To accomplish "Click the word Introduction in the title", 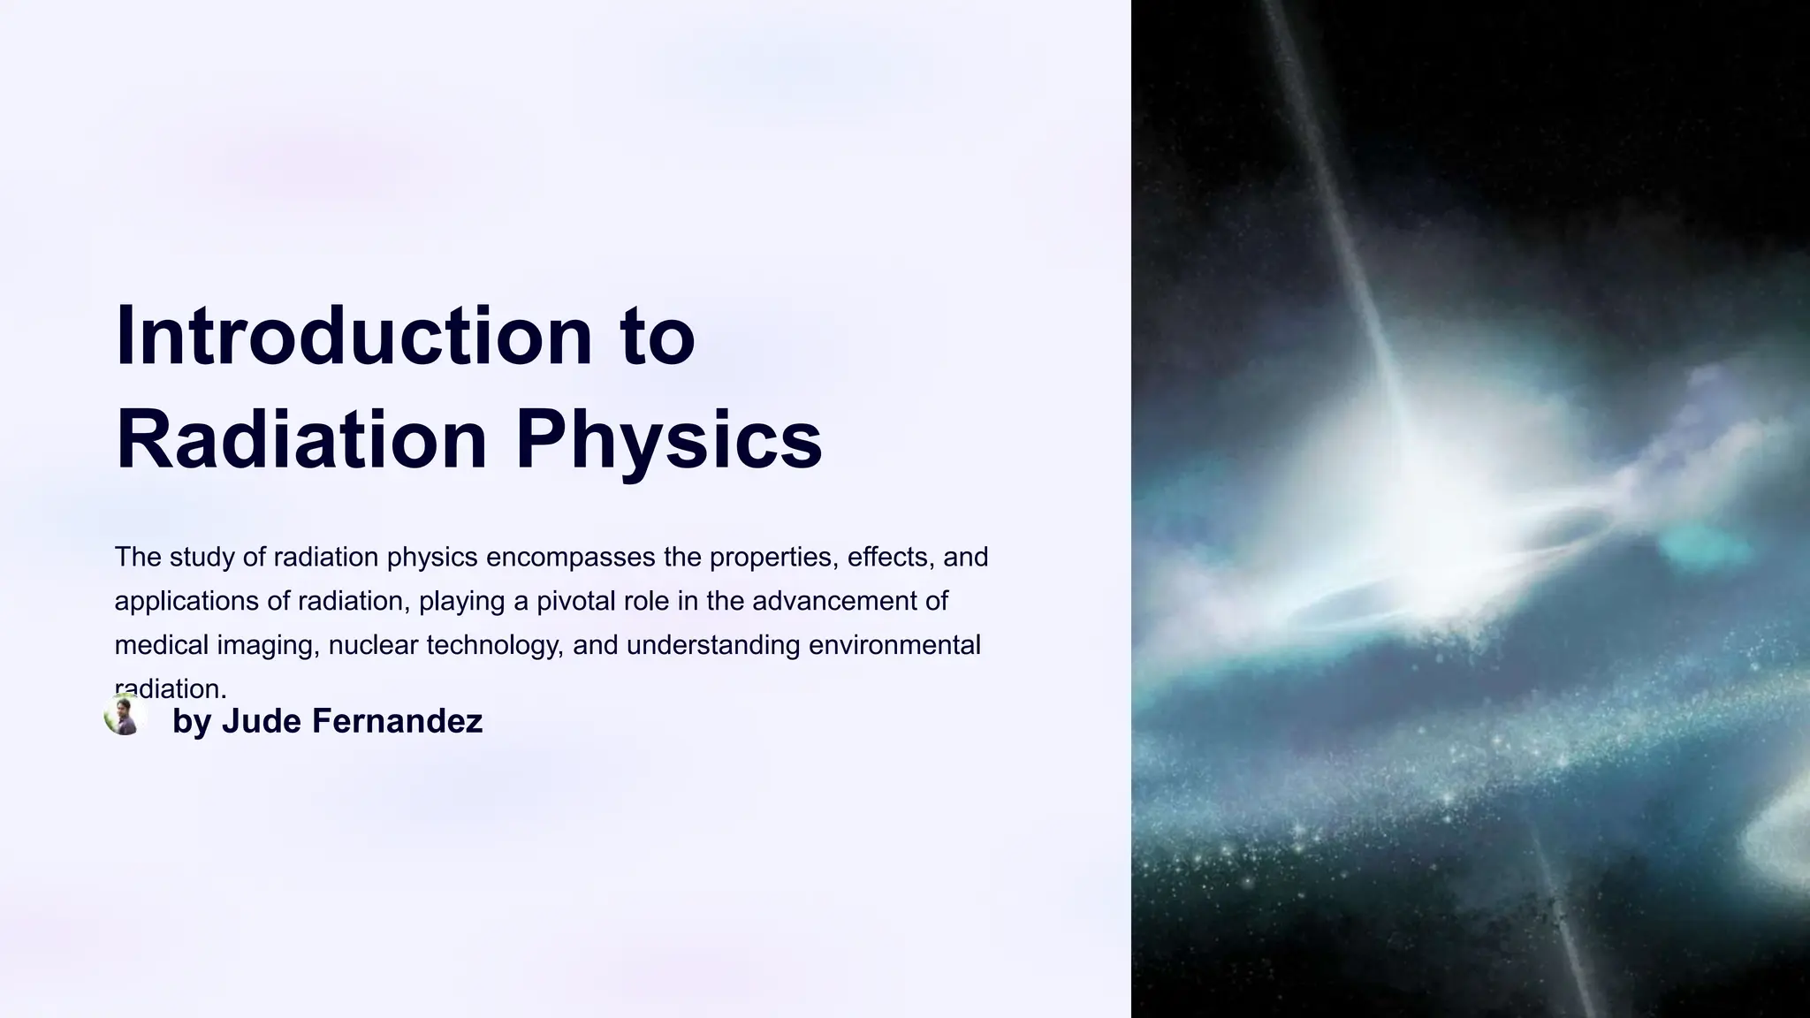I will coord(354,337).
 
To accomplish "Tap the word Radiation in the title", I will coord(301,439).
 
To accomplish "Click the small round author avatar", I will coord(125,715).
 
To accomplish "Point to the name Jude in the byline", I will coord(261,721).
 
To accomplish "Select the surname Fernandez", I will coord(397,721).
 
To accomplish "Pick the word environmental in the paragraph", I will coord(894,645).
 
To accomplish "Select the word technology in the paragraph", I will coord(494,645).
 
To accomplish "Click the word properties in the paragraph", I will coord(773,558).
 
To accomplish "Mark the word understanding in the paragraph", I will coord(712,645).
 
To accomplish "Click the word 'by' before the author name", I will coord(192,721).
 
